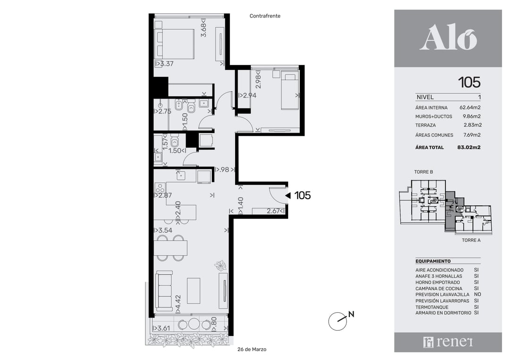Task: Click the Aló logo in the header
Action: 448,38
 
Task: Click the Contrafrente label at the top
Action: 265,16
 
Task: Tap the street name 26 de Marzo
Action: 252,349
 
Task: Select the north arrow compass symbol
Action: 338,321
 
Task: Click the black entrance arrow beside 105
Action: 288,196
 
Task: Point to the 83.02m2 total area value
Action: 469,147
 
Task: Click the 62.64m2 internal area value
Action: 470,107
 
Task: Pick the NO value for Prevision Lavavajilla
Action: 477,294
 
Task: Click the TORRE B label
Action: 424,172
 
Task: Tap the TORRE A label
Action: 471,240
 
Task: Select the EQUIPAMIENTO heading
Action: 433,261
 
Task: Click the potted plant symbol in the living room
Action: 221,266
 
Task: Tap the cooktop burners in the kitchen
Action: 160,188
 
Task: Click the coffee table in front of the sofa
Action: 194,291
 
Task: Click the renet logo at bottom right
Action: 448,342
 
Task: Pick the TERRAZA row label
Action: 425,125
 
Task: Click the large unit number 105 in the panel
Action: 469,82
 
